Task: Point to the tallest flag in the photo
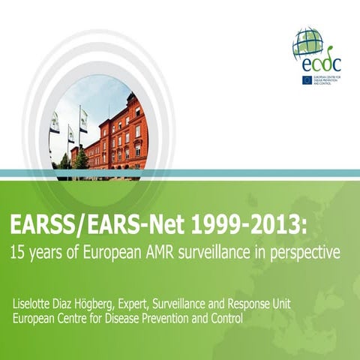(83, 118)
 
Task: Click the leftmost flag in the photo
(55, 121)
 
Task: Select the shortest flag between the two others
(71, 133)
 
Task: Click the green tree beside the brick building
(79, 158)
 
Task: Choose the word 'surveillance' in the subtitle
(232, 253)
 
